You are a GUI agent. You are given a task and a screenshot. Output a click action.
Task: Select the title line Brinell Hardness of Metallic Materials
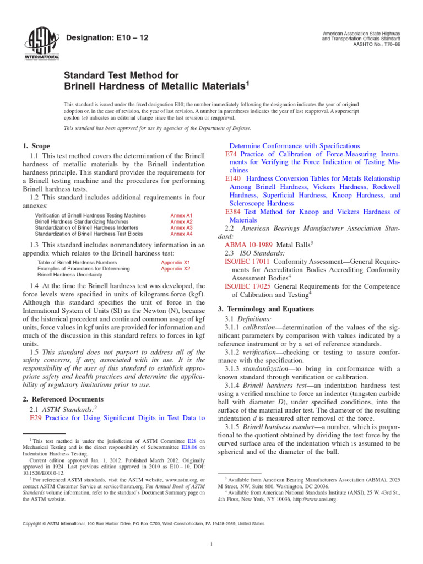point(155,86)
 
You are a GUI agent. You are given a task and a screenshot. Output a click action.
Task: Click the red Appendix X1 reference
point(175,263)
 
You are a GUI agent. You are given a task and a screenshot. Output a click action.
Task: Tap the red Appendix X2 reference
point(175,269)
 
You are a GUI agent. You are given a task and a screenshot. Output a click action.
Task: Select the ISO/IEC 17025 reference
point(247,286)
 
